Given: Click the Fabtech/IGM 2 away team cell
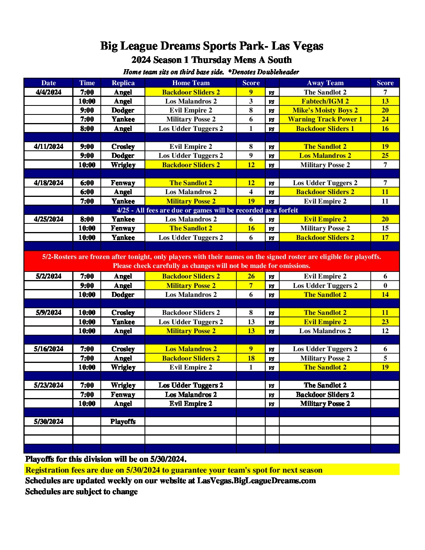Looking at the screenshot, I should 325,101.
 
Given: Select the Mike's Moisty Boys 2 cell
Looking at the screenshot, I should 325,110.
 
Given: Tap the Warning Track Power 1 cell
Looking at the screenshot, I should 325,119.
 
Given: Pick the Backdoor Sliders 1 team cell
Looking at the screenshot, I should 325,129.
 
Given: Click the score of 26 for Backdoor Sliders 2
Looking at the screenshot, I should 251,276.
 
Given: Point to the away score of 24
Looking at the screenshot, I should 385,119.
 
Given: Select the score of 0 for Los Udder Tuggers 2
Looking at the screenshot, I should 385,286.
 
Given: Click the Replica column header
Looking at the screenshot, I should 123,83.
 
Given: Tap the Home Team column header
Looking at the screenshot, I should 191,83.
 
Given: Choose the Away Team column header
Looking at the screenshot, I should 325,83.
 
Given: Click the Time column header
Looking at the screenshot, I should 87,83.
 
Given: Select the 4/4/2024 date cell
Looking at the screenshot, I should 48,92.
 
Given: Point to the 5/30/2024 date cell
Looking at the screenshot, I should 48,421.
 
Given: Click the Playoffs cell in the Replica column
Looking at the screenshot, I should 123,421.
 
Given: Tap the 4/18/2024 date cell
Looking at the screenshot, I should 48,183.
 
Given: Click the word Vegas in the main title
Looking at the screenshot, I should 308,46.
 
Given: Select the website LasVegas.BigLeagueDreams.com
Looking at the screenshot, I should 256,481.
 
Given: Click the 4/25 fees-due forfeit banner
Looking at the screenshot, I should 207,210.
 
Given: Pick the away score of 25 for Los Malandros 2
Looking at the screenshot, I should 385,155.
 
